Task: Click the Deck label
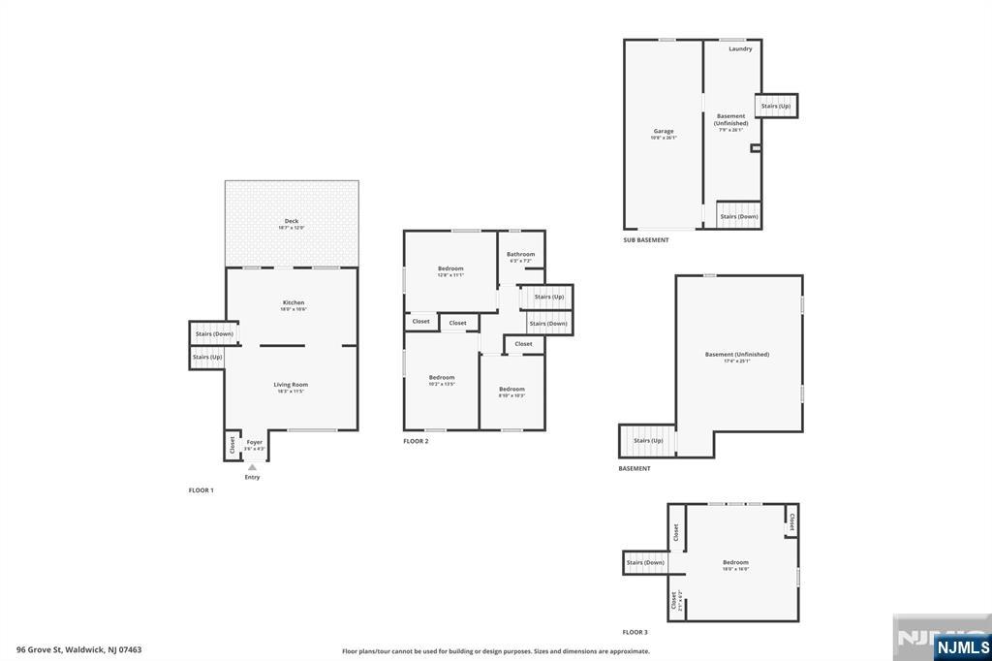292,221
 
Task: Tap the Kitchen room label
293,302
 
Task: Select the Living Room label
291,385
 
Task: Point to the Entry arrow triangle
252,466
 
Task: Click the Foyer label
254,442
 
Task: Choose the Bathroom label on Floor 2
520,254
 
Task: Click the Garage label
664,131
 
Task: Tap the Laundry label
740,48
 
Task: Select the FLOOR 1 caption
201,490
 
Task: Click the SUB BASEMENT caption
646,239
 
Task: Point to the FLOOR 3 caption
635,632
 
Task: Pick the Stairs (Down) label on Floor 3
645,562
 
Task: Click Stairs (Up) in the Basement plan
648,441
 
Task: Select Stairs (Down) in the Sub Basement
739,216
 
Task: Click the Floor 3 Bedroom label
735,562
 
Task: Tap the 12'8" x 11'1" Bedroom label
450,268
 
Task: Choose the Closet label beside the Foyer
232,445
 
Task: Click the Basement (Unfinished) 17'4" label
737,355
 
